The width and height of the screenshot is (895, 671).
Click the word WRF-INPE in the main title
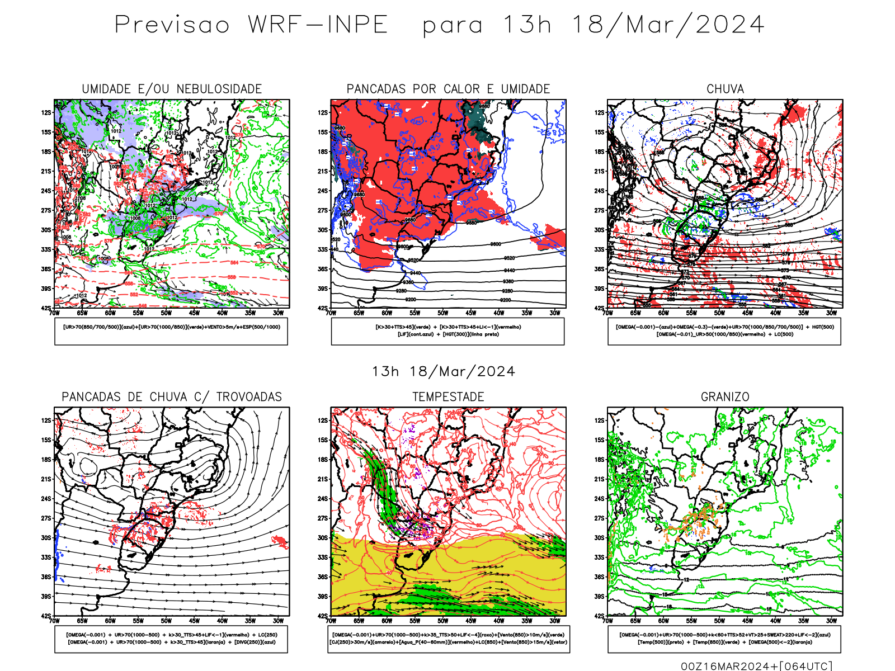[x=318, y=25]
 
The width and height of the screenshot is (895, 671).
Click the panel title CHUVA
[x=725, y=89]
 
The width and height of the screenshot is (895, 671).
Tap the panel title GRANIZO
[x=725, y=397]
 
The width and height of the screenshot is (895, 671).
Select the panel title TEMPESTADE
[x=448, y=397]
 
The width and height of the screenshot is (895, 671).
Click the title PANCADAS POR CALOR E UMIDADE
[x=448, y=89]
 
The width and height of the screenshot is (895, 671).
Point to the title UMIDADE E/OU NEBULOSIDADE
[x=172, y=89]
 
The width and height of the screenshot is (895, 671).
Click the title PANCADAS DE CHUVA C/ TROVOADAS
[x=172, y=397]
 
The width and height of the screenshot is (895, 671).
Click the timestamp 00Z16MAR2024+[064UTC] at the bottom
[x=756, y=666]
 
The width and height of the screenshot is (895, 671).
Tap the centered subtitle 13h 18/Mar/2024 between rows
[x=443, y=372]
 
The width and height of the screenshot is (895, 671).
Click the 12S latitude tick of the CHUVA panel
[x=600, y=112]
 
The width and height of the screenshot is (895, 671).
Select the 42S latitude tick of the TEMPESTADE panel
[x=323, y=616]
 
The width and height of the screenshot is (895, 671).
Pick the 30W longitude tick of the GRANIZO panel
[x=831, y=621]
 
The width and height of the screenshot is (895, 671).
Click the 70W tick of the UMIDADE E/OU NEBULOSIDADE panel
[x=54, y=313]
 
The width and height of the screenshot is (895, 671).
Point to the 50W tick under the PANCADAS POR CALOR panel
[x=442, y=313]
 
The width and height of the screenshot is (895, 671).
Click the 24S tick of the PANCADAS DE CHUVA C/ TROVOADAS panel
[x=46, y=498]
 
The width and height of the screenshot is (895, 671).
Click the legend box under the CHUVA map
[x=724, y=331]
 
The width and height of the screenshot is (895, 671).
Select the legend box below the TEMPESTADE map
[x=449, y=639]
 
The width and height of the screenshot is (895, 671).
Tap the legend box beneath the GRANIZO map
[x=724, y=639]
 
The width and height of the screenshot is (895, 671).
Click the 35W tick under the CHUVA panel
[x=803, y=313]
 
